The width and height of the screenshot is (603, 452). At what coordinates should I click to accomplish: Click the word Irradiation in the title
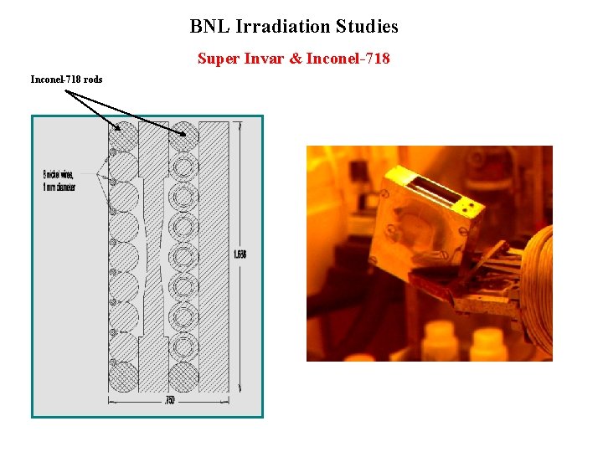point(284,26)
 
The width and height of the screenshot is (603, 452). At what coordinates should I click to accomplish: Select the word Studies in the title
point(367,26)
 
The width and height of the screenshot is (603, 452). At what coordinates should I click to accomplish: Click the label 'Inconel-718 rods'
point(66,80)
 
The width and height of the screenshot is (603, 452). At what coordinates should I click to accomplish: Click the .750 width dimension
point(169,401)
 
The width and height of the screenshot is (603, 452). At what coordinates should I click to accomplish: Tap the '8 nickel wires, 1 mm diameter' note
point(59,181)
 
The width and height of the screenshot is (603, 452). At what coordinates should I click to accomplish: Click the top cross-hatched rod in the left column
point(126,136)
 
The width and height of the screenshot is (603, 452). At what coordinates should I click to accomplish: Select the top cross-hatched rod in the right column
point(184,136)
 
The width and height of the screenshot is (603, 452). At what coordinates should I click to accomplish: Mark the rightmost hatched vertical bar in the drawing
point(215,255)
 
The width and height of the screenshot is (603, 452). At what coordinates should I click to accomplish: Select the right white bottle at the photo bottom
point(487,345)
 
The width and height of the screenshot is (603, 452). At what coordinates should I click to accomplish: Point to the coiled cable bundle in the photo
point(538,285)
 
